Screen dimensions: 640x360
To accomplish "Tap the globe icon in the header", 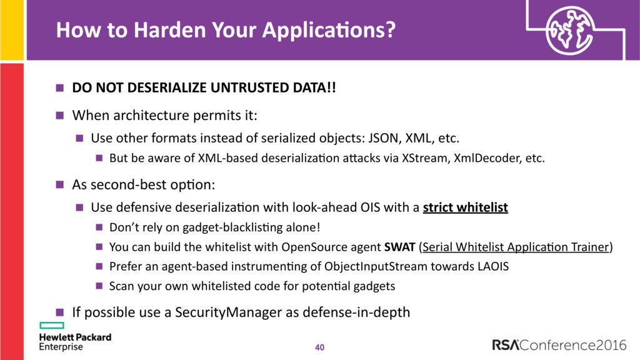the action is pyautogui.click(x=570, y=31).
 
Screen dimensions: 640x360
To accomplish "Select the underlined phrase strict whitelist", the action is pyautogui.click(x=465, y=207).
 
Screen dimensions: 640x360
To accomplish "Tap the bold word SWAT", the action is pyautogui.click(x=399, y=247).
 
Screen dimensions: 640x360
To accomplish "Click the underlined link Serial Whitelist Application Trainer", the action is pyautogui.click(x=516, y=247).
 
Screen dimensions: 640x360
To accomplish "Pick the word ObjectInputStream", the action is pyautogui.click(x=376, y=266).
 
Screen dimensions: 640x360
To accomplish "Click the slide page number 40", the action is pyautogui.click(x=319, y=347).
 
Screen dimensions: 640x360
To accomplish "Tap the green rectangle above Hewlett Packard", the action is pyautogui.click(x=52, y=325).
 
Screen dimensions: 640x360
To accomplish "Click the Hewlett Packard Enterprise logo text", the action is pyautogui.click(x=75, y=342).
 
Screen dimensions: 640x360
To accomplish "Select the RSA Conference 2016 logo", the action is pyautogui.click(x=559, y=345).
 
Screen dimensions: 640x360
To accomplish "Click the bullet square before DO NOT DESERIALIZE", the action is pyautogui.click(x=60, y=87).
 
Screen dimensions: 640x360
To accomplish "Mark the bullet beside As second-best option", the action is pyautogui.click(x=60, y=185).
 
